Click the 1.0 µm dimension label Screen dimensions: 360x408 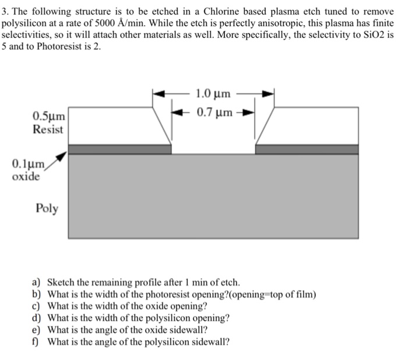click(x=213, y=93)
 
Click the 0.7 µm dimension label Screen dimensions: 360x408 click(x=214, y=112)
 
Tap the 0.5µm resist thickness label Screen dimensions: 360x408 click(x=48, y=117)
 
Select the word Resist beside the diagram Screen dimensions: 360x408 click(x=48, y=130)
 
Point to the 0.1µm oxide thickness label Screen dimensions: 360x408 click(x=26, y=164)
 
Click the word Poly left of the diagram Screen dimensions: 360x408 click(x=47, y=208)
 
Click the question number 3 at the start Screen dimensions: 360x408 click(x=4, y=12)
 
